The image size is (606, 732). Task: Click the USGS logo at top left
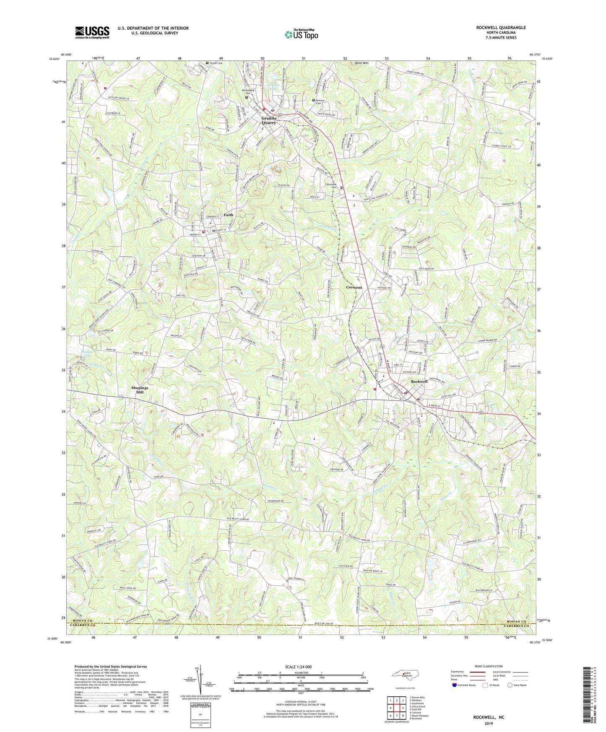point(92,32)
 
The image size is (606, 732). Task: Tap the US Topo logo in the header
point(301,34)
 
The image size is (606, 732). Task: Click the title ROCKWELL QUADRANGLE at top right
point(501,28)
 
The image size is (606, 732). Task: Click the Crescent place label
point(354,288)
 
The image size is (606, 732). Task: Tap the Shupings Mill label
point(140,390)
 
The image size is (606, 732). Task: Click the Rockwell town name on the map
point(419,382)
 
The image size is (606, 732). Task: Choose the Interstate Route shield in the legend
point(455,685)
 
